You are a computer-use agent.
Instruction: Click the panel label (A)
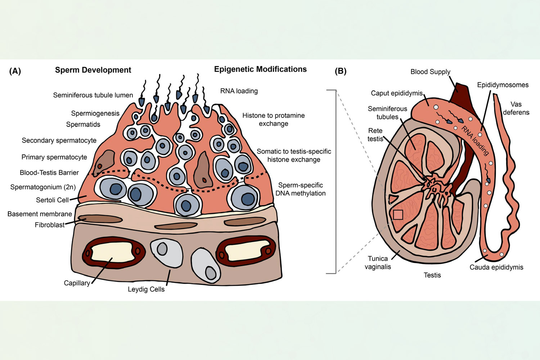click(15, 71)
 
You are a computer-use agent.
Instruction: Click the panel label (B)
click(341, 71)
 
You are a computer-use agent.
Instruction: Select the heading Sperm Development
click(93, 70)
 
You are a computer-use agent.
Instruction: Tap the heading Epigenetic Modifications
click(260, 69)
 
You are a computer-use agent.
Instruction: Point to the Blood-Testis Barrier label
click(49, 173)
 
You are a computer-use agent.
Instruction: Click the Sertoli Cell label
click(52, 200)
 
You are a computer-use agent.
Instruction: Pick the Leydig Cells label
click(146, 289)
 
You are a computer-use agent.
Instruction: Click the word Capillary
click(77, 283)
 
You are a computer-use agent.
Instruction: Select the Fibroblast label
click(50, 225)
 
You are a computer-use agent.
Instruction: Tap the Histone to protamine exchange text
click(274, 120)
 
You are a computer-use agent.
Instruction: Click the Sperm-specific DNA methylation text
click(301, 189)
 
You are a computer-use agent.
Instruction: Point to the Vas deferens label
click(516, 108)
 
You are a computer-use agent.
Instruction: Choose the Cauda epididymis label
click(496, 267)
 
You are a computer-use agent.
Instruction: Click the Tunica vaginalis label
click(378, 262)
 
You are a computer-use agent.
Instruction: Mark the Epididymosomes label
click(503, 85)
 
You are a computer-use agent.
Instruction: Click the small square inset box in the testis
click(398, 215)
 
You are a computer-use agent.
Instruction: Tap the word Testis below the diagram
click(432, 275)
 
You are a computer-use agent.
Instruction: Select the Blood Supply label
click(430, 72)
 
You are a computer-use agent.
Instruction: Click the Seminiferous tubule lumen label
click(93, 95)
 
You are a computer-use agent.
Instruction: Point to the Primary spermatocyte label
click(54, 157)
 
